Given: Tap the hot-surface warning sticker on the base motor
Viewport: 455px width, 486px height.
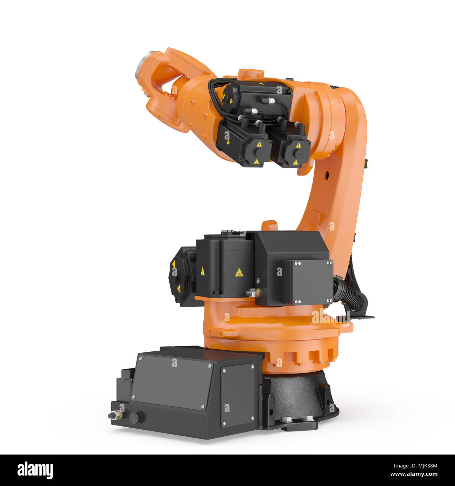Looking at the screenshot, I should point(239,272).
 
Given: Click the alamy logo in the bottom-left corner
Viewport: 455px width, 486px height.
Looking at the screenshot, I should point(35,470).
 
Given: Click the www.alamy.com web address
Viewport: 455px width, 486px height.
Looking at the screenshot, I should point(413,474).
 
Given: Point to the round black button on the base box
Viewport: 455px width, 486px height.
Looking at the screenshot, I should point(136,417).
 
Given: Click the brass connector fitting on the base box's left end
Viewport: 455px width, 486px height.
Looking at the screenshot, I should point(115,415).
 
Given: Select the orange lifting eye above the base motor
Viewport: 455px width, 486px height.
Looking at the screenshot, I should point(269,225).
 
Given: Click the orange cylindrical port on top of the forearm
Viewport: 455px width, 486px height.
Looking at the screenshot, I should point(251,74).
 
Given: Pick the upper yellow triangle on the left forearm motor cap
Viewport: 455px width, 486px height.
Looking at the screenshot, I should point(259,144).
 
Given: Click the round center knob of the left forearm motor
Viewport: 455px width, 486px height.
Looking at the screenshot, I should point(258,153).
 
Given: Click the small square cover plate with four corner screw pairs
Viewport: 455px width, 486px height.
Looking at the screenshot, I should point(312,282).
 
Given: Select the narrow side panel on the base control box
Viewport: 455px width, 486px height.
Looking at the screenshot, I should point(238,395).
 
